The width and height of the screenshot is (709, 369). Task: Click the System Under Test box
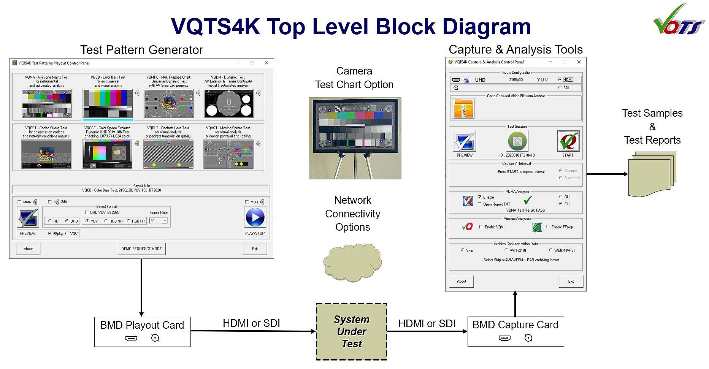(351, 331)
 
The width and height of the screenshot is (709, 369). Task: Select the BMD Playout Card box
(142, 332)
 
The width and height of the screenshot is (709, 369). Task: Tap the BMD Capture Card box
(515, 331)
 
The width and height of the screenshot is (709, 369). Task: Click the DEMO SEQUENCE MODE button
(141, 249)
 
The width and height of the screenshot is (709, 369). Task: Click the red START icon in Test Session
(568, 141)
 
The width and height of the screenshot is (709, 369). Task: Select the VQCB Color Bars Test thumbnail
(108, 104)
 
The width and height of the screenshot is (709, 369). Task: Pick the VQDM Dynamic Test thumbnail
(228, 104)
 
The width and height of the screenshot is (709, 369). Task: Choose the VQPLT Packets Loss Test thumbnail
(168, 154)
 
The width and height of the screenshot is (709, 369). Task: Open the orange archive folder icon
(463, 108)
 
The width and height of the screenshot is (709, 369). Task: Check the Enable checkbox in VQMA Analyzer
(480, 197)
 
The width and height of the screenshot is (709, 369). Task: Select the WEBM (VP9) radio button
(551, 250)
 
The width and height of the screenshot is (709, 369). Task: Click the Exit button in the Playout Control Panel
(255, 249)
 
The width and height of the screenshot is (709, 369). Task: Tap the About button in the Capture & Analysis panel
(462, 282)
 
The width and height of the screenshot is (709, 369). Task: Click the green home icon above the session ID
(517, 141)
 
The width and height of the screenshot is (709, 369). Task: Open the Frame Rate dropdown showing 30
(159, 221)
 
